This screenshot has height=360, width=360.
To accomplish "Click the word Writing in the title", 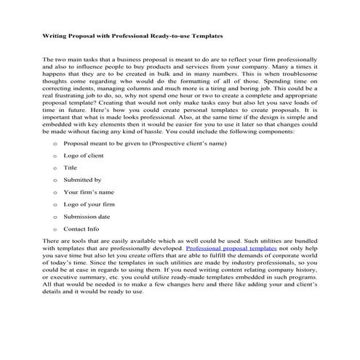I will pos(55,34).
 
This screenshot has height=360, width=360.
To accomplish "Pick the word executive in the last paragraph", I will pos(69,280).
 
